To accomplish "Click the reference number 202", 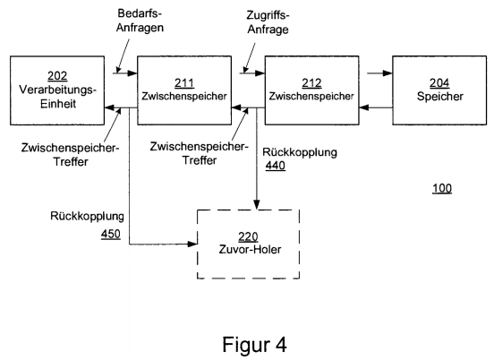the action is click(57, 75).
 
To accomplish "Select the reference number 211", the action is click(184, 83).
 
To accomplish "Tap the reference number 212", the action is click(311, 83).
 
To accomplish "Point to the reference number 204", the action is click(439, 83).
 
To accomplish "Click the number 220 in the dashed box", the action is click(248, 236).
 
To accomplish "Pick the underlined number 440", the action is click(276, 166).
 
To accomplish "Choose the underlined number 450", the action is click(111, 234).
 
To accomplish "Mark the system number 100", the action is click(442, 188).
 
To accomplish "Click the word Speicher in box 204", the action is click(439, 96).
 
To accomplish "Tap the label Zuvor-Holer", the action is click(250, 249).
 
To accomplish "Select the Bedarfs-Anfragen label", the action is click(140, 21).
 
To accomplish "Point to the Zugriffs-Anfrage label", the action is click(268, 22).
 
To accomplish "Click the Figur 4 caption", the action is click(254, 344).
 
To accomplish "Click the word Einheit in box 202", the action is click(58, 104).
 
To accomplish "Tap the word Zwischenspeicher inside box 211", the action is click(184, 96).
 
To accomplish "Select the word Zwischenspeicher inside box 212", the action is click(311, 96).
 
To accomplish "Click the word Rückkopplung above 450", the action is click(88, 216).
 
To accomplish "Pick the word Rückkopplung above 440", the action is click(300, 152).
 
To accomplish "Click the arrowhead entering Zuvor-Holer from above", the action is click(257, 204).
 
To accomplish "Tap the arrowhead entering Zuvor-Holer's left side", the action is click(192, 244).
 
